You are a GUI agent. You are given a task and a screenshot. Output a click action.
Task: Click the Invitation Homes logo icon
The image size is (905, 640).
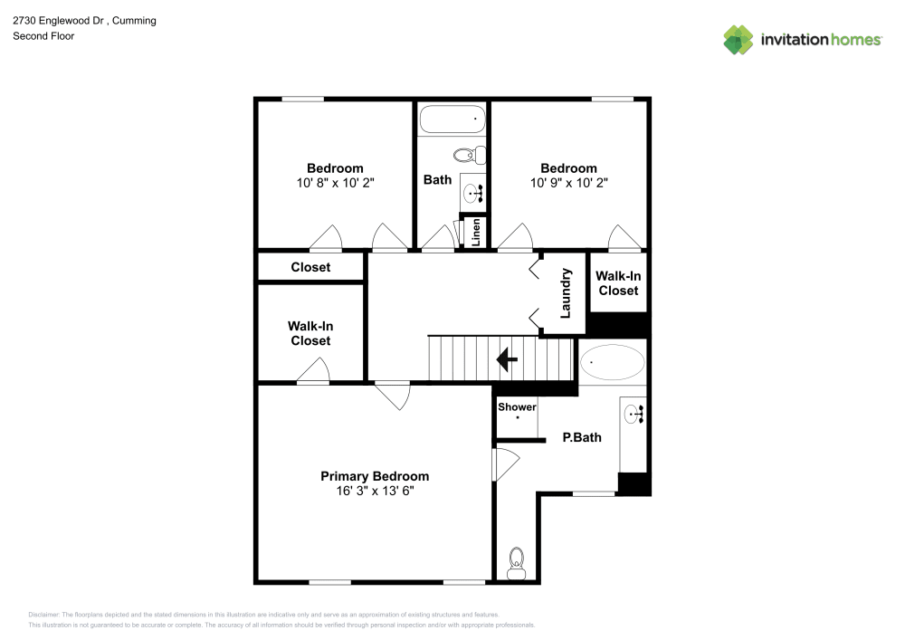pyautogui.click(x=738, y=39)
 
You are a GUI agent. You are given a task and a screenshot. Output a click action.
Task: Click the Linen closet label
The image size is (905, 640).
pyautogui.click(x=474, y=233)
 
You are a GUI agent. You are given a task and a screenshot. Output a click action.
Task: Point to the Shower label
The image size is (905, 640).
pyautogui.click(x=517, y=407)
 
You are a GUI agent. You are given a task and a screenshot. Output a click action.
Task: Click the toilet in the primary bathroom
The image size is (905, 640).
pyautogui.click(x=517, y=562)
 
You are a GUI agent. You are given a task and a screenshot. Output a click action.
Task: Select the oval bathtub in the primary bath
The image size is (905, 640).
pyautogui.click(x=613, y=363)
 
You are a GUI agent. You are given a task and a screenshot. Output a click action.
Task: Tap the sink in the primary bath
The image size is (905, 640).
pyautogui.click(x=633, y=416)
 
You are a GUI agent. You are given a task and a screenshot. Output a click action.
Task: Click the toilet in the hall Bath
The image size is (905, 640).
pyautogui.click(x=469, y=154)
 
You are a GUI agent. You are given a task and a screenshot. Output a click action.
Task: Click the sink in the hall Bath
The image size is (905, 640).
pyautogui.click(x=473, y=192)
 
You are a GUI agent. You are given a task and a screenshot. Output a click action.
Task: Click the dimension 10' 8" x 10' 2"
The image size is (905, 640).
pyautogui.click(x=335, y=182)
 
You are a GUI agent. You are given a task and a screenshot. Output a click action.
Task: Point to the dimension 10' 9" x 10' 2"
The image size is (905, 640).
pyautogui.click(x=568, y=182)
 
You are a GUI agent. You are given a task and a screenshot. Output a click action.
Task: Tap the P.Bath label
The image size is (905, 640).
pyautogui.click(x=582, y=437)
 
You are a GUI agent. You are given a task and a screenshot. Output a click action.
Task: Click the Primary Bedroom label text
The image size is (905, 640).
pyautogui.click(x=375, y=476)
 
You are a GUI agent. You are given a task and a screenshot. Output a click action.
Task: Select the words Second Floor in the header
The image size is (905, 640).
pyautogui.click(x=43, y=36)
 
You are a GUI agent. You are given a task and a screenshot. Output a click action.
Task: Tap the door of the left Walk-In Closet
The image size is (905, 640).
pyautogui.click(x=313, y=372)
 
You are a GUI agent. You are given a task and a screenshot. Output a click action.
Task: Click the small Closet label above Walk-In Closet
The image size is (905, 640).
pyautogui.click(x=310, y=267)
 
